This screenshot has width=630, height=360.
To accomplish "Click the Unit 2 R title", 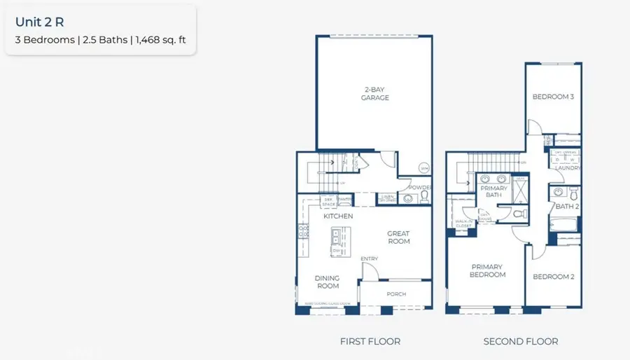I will (x=40, y=22).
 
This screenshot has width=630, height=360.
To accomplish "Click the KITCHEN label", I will (x=337, y=216).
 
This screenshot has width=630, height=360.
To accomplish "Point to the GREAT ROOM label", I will (x=399, y=237).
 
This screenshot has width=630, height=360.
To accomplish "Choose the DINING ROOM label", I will (x=328, y=282).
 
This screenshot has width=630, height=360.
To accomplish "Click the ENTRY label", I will (x=370, y=259).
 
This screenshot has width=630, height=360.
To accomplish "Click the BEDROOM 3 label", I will (x=553, y=97).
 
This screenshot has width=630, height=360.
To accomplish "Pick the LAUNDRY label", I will (x=567, y=168).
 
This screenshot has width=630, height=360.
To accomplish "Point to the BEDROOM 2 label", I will (x=554, y=277).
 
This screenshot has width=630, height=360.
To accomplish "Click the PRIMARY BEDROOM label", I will (x=488, y=270).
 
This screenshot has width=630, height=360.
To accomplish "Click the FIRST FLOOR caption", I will (x=370, y=341).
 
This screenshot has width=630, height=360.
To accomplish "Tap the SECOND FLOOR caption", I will (x=521, y=341).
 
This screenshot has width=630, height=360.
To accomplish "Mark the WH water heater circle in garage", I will (x=423, y=168).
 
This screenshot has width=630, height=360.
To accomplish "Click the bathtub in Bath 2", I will (x=564, y=225).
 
